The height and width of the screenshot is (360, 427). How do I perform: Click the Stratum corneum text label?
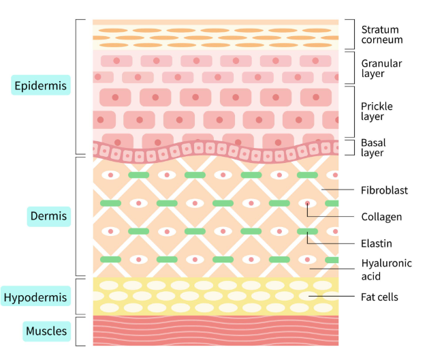[x=382, y=35]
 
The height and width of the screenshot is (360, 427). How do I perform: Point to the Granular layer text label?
[x=382, y=68]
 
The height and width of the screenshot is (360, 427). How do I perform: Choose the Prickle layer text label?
[x=377, y=111]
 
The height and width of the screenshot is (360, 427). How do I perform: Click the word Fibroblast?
[x=384, y=190]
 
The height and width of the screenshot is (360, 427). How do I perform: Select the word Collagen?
[x=381, y=217]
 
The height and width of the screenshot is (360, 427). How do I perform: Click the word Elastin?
[x=377, y=243]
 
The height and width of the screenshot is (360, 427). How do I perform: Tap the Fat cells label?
[x=379, y=297]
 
